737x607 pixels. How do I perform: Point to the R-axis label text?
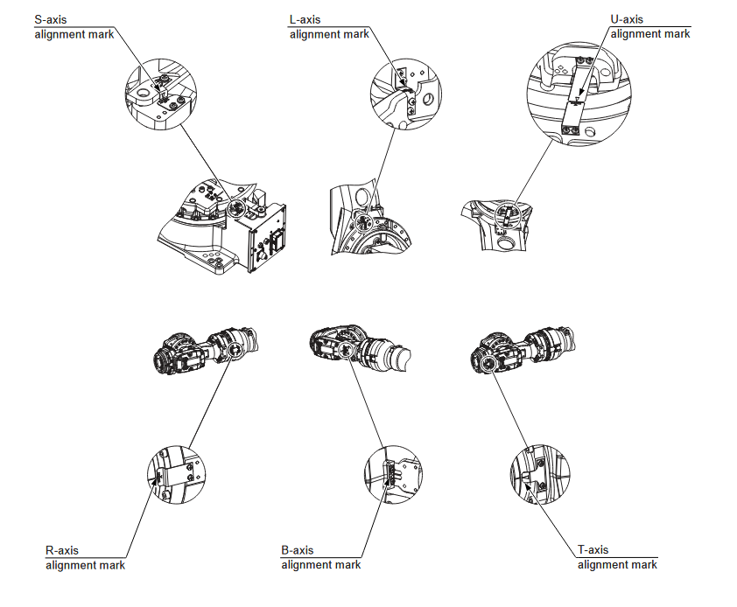coord(62,550)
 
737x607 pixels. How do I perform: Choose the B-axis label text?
coord(298,550)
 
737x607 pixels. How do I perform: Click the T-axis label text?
coord(593,550)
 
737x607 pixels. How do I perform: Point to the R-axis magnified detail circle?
coord(176,473)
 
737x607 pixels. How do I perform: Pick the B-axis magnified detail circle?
coord(390,473)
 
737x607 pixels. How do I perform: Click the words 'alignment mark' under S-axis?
coord(75,34)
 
